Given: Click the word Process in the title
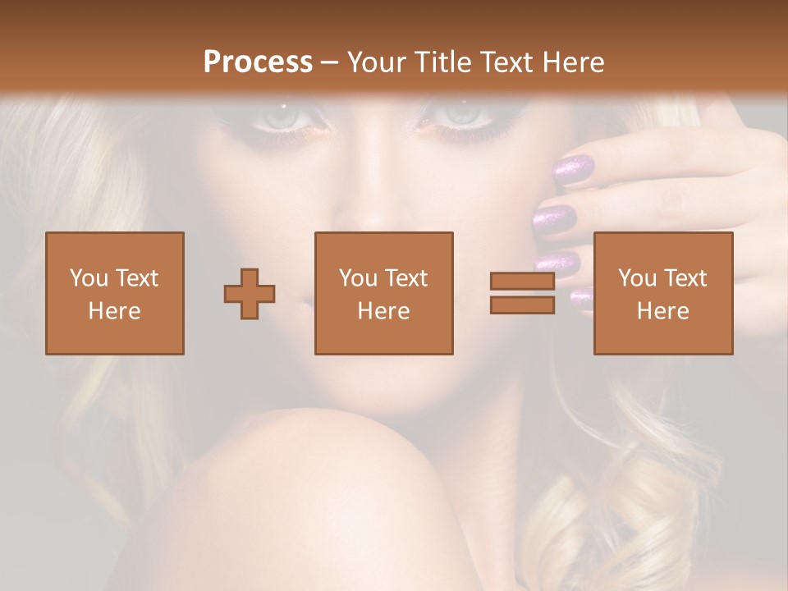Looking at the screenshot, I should (x=258, y=62).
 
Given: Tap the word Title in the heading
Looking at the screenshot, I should (x=441, y=62).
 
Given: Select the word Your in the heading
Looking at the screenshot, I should (x=377, y=62).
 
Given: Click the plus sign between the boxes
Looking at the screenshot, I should (x=250, y=294).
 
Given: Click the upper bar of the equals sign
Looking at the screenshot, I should (x=522, y=282).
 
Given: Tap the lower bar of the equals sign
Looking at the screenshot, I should (x=522, y=305).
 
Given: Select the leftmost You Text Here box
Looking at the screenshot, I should (x=115, y=293).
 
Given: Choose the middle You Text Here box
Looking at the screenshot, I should (x=383, y=293).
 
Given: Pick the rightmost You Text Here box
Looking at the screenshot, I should (x=662, y=293).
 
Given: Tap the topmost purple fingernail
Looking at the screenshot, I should (x=574, y=169).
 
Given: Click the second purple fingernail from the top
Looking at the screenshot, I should (x=555, y=219).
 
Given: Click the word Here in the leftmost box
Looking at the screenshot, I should (x=114, y=310).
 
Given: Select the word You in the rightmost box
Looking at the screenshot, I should (x=636, y=278).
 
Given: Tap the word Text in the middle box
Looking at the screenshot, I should (x=405, y=278).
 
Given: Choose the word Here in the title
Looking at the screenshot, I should (x=573, y=62).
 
